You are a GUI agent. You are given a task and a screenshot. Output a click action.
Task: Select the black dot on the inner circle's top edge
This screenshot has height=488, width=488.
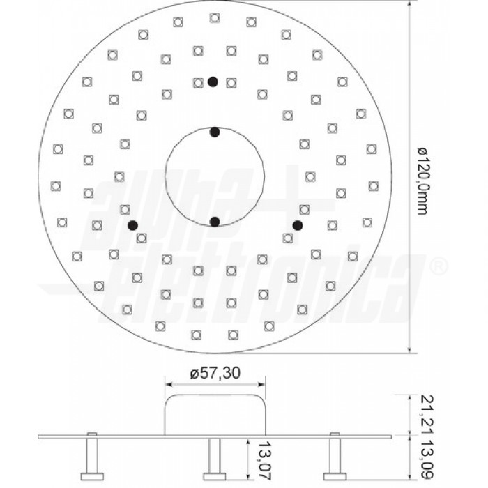215,132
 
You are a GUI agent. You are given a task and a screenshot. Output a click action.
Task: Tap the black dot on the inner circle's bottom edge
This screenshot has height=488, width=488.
215,222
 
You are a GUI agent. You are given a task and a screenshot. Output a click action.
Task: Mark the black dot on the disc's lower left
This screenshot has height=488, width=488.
132,224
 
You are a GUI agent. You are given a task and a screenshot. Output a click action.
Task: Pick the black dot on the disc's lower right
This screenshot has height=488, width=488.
298,224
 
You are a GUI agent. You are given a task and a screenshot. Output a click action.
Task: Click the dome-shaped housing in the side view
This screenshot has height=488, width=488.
215,415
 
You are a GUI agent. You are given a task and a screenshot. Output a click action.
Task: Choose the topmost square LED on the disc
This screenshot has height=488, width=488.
213,17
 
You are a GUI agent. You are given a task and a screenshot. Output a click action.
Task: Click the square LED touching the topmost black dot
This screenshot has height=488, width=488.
199,82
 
